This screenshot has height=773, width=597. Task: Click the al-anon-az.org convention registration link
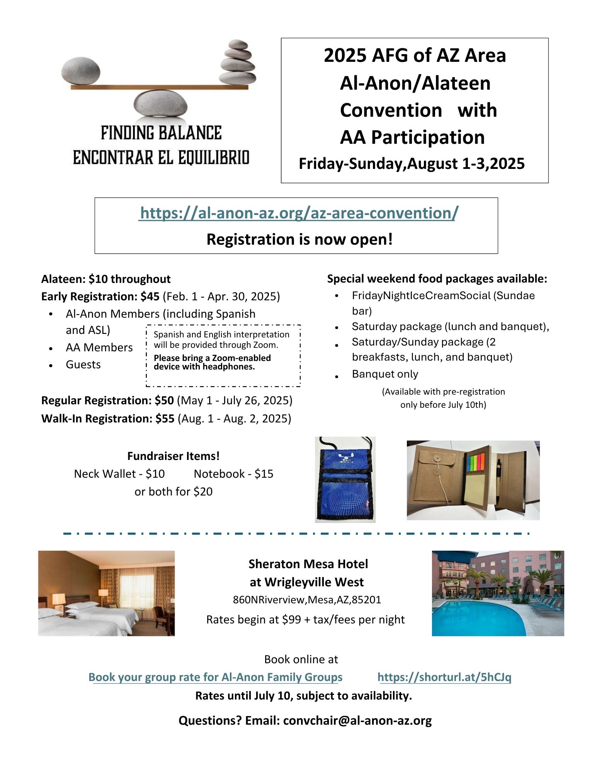299,213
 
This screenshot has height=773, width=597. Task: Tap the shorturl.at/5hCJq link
444,677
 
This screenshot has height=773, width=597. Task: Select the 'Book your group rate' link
215,677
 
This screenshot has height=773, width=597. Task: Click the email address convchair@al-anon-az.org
357,720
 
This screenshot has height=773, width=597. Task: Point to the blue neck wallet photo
345,479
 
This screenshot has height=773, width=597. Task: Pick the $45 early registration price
150,296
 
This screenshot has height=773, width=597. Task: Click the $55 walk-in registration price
165,419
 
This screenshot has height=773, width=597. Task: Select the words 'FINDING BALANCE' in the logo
161,133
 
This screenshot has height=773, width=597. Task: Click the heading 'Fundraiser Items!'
173,456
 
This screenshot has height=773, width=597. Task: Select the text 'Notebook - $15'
233,474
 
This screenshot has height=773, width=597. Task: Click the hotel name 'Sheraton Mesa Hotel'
308,564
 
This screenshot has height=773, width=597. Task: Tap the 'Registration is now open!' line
299,239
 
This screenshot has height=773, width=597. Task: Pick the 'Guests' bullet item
83,364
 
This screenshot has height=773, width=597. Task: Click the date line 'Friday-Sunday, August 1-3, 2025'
412,163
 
